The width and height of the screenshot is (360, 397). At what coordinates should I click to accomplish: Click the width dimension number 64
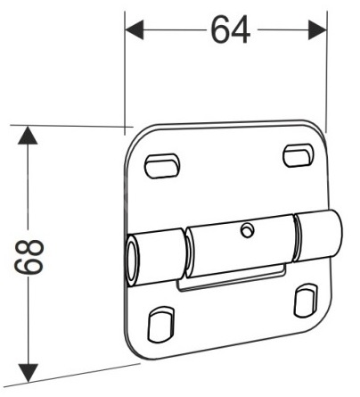(231, 29)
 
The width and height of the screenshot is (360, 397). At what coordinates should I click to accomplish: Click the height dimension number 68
(29, 257)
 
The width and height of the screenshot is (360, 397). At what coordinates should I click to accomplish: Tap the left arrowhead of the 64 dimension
(135, 29)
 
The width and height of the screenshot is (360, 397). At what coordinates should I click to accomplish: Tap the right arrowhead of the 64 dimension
(317, 29)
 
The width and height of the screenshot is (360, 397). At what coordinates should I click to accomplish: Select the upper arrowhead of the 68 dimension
(28, 136)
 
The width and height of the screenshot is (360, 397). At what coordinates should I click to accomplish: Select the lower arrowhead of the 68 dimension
(28, 373)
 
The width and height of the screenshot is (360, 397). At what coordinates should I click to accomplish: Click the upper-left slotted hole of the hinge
(162, 166)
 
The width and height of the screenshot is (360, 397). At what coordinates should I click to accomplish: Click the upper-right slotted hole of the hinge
(298, 155)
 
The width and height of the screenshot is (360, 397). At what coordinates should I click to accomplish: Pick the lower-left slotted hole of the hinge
(161, 324)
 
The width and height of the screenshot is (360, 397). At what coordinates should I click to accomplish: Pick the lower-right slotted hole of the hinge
(306, 301)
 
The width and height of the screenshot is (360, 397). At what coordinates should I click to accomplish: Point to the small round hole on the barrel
(247, 230)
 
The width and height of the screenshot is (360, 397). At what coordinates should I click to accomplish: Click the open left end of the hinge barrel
(133, 261)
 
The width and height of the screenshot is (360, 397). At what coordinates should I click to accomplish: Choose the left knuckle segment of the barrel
(157, 258)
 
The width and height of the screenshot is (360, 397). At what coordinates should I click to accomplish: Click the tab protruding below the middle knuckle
(232, 278)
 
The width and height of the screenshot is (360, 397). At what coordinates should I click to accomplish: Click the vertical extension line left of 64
(125, 73)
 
